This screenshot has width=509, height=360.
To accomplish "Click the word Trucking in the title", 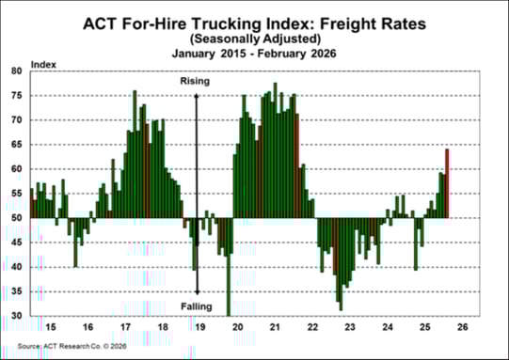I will point(221,23).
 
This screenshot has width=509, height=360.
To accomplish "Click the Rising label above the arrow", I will point(195,82).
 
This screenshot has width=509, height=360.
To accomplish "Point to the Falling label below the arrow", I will point(196,307).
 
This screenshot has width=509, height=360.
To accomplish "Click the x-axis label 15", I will point(51,328).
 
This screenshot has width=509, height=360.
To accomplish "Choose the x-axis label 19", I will point(199,328).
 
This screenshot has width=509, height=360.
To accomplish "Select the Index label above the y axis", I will point(43,63).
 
